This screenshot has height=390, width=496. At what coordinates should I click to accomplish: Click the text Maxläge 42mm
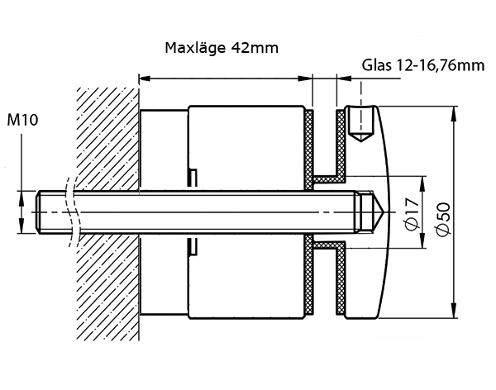tap(222, 48)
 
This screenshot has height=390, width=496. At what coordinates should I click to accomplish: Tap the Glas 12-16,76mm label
tap(422, 66)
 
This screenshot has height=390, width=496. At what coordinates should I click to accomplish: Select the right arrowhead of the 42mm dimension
tap(308, 79)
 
